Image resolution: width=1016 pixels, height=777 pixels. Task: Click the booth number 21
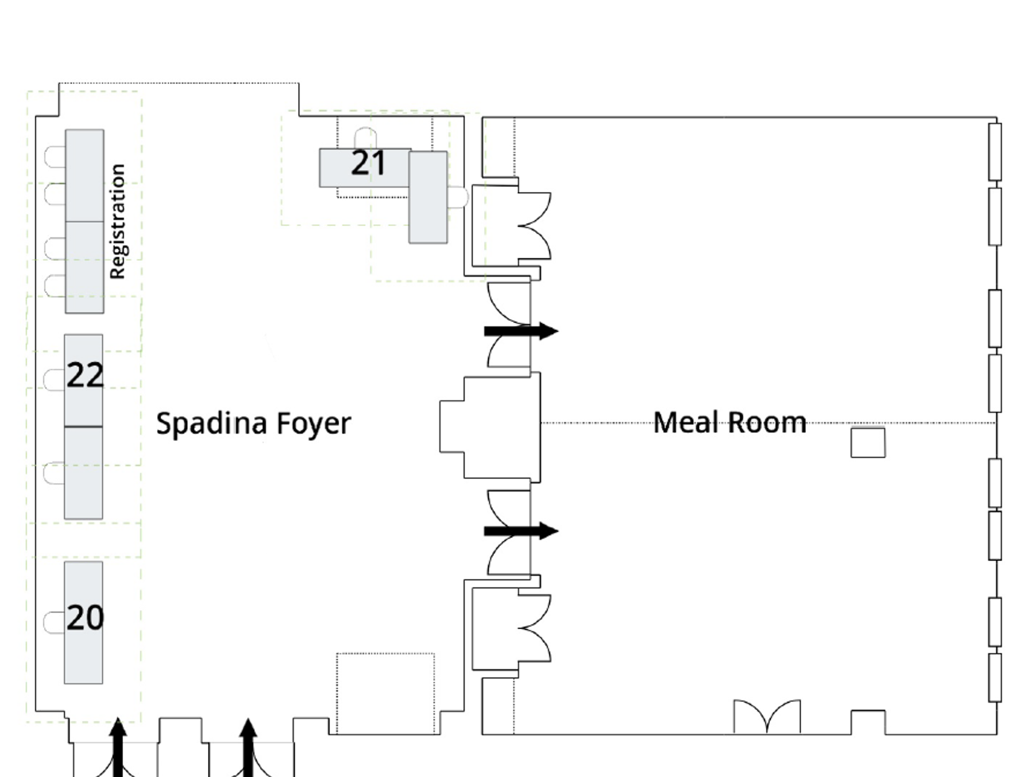pos(368,163)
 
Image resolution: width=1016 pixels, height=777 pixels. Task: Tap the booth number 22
pos(85,375)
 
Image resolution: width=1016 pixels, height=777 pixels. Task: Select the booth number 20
pos(85,617)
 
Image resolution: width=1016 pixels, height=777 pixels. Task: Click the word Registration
pos(117,222)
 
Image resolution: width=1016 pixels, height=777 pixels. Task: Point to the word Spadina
pos(211,423)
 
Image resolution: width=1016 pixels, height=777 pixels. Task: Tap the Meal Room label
pos(730,422)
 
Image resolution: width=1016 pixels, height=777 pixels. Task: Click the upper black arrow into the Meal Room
pos(521,331)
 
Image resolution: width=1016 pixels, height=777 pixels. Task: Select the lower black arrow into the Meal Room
pos(521,531)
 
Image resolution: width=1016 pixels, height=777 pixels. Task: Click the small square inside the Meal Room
pos(868,443)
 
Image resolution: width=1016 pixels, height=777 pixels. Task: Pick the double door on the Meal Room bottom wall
pos(767,716)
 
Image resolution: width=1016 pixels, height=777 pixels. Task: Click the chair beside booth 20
pos(54,622)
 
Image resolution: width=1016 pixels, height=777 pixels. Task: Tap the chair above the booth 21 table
pos(365,139)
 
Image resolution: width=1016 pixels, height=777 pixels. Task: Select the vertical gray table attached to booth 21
pos(428,197)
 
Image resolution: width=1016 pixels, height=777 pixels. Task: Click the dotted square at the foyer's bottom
pos(385,694)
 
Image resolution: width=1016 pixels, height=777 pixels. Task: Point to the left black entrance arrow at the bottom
pos(118,747)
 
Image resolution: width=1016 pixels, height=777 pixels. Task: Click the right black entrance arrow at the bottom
pos(248,747)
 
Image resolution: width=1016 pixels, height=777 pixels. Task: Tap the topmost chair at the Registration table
pos(55,157)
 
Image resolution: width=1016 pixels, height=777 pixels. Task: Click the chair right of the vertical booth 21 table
pos(458,198)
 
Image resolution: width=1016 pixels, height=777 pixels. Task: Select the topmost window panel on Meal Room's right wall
pos(995,152)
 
